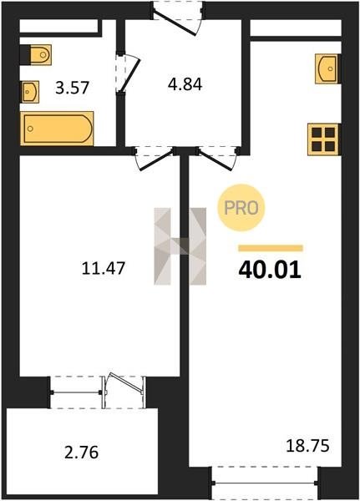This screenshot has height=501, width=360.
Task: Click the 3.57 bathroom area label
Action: tap(72, 88)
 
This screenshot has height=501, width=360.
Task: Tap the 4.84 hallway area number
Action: tap(185, 84)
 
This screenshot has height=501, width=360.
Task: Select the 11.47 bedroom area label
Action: tap(104, 268)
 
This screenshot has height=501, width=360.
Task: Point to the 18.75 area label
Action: tap(307, 446)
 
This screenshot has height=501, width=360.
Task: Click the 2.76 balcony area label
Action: tap(82, 453)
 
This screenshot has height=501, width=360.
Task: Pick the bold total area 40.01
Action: tap(270, 270)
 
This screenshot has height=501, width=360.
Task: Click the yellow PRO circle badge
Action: tap(241, 208)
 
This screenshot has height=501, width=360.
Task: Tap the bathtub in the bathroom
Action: tap(57, 129)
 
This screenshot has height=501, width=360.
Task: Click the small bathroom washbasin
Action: tap(30, 92)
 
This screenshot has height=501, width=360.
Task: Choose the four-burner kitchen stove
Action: tap(323, 139)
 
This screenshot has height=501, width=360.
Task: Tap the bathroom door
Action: tap(128, 73)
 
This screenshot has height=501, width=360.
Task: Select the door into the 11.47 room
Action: tap(155, 159)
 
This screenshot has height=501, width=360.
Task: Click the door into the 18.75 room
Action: tap(217, 158)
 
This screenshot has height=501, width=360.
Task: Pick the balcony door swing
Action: tap(125, 383)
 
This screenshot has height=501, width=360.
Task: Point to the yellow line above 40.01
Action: tap(271, 248)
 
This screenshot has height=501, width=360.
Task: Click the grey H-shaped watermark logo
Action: tap(180, 246)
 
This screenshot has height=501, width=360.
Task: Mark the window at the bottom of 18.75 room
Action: tap(265, 483)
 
